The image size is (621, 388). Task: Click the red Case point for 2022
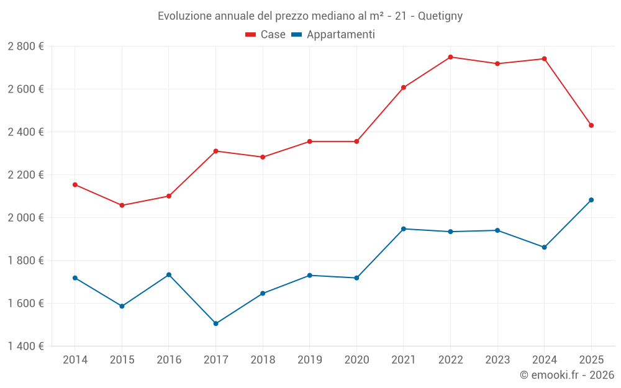pos(450,57)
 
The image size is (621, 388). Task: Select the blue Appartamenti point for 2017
pos(215,323)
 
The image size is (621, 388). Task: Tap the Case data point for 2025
pos(591,125)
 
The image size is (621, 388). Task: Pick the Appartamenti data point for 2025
pos(591,200)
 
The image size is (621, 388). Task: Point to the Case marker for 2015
pos(122,205)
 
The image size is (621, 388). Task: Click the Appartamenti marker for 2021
pos(404,229)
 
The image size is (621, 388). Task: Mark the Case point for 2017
pos(215,151)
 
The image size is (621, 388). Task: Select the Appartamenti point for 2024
pos(545,247)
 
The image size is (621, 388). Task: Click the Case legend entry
pos(265,35)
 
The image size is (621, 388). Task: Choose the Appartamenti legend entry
pos(333,35)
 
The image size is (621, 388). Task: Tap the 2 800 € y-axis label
pos(25,47)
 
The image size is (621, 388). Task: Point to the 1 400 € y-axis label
pos(25,346)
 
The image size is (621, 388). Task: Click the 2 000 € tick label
pos(25,218)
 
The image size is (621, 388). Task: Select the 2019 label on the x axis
pos(309,360)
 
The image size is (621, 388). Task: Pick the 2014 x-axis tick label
pos(75,360)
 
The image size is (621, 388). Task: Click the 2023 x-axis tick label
pos(497,360)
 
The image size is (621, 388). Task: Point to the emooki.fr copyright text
pos(566,375)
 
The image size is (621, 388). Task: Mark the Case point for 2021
pos(404,88)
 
